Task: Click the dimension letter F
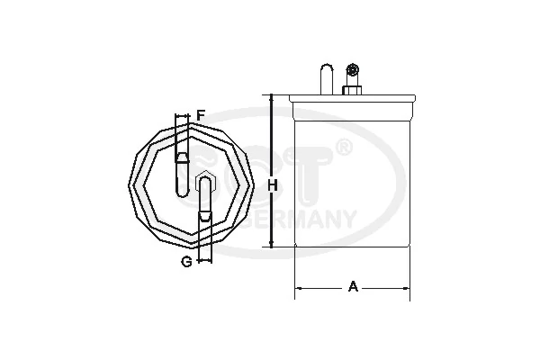202,115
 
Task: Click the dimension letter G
184,261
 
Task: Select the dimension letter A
354,287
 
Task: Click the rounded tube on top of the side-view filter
326,77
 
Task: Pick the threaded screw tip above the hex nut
353,69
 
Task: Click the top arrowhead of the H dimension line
271,98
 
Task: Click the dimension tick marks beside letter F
183,116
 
